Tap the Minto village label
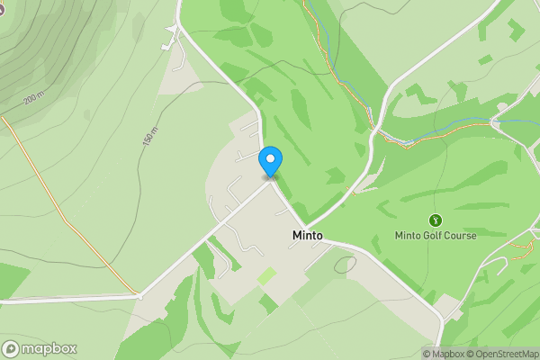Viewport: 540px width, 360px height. (x=308, y=235)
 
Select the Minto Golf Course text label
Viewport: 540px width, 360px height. (x=436, y=236)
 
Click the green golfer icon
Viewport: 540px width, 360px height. (x=436, y=220)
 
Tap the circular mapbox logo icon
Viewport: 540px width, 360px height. (x=11, y=349)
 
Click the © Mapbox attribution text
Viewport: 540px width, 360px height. (x=446, y=354)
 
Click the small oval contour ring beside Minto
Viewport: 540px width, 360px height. (x=345, y=265)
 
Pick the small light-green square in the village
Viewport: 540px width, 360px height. (x=267, y=275)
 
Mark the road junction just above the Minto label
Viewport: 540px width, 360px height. (x=306, y=225)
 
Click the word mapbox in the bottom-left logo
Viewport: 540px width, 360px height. (x=49, y=349)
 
